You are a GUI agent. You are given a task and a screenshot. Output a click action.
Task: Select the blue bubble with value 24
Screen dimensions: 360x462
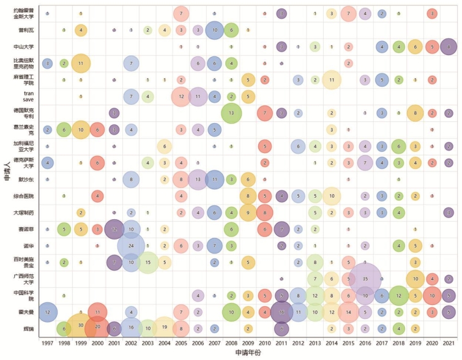[131, 246]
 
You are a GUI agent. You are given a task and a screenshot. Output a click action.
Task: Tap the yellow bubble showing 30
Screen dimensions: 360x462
[81, 325]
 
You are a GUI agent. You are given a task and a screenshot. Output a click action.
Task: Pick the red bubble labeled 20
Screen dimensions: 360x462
[97, 328]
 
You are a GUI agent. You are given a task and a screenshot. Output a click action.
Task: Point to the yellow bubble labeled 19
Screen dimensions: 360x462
[164, 328]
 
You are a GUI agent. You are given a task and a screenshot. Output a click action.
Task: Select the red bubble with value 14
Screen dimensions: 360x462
[348, 312]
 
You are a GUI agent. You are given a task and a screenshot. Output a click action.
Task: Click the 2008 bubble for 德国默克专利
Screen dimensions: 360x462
[231, 113]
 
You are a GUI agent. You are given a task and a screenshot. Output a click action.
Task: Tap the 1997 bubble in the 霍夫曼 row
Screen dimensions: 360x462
[47, 312]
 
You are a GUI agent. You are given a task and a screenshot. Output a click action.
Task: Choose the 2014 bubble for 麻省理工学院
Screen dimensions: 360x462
[332, 80]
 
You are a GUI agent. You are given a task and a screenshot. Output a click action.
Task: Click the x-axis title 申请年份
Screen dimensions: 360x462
[247, 353]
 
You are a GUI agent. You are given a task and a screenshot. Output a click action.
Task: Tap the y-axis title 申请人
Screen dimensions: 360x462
[6, 172]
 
